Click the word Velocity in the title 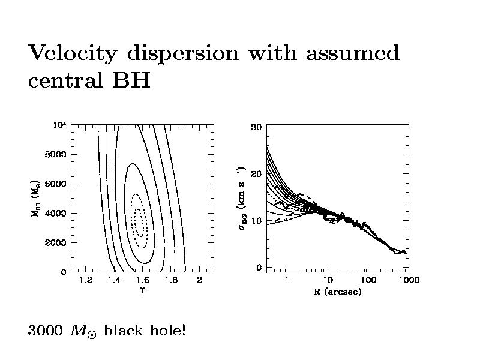[73, 54]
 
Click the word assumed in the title [353, 54]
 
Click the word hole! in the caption [165, 331]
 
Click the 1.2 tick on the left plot [85, 281]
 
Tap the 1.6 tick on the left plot [142, 281]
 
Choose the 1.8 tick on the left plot [170, 281]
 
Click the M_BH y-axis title [36, 199]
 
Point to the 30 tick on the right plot [256, 127]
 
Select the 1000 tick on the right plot [409, 280]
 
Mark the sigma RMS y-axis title [242, 199]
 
